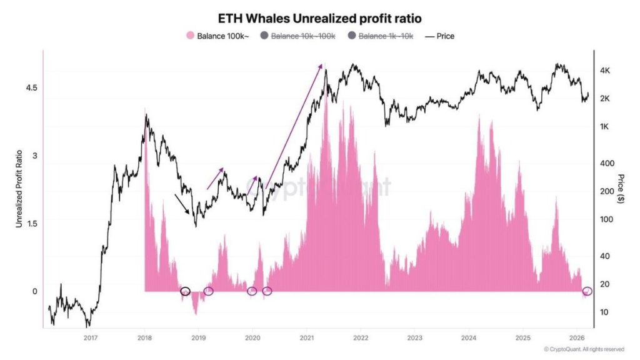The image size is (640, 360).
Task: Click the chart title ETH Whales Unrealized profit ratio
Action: (x=319, y=18)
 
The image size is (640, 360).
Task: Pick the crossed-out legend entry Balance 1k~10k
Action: (x=382, y=36)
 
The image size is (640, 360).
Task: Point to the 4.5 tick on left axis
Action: (x=30, y=88)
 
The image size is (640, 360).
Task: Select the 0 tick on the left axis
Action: (x=35, y=291)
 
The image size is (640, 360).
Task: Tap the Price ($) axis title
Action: (x=621, y=188)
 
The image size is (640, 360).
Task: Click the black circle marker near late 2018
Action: (x=185, y=291)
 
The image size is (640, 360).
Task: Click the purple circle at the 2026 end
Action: (x=587, y=291)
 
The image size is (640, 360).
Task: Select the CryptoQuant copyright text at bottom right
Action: (x=584, y=349)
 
